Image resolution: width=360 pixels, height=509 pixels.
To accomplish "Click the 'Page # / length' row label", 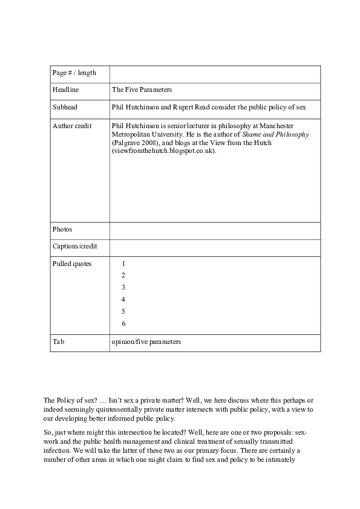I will click(x=74, y=73).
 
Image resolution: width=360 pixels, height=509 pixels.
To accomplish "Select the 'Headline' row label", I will click(x=66, y=89).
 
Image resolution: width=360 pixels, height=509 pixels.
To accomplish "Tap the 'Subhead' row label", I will click(x=65, y=107).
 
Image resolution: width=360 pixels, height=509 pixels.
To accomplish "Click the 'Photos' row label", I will click(x=62, y=230).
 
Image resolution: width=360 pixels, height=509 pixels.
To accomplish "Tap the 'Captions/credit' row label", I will click(x=74, y=247).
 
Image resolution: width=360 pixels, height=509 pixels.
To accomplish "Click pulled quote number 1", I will click(x=123, y=264).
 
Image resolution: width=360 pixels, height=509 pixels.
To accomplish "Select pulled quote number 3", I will click(x=123, y=287).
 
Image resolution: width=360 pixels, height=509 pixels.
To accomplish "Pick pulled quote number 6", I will click(x=123, y=323).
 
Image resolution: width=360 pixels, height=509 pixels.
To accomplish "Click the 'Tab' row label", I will click(x=59, y=342).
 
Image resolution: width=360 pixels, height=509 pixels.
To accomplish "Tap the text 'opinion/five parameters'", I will click(x=146, y=342).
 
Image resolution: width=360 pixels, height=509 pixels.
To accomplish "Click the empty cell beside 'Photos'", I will click(x=215, y=230).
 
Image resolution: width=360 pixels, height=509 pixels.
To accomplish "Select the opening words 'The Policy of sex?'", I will click(x=69, y=401).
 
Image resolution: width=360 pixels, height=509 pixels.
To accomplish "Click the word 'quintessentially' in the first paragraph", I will click(x=89, y=409).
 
